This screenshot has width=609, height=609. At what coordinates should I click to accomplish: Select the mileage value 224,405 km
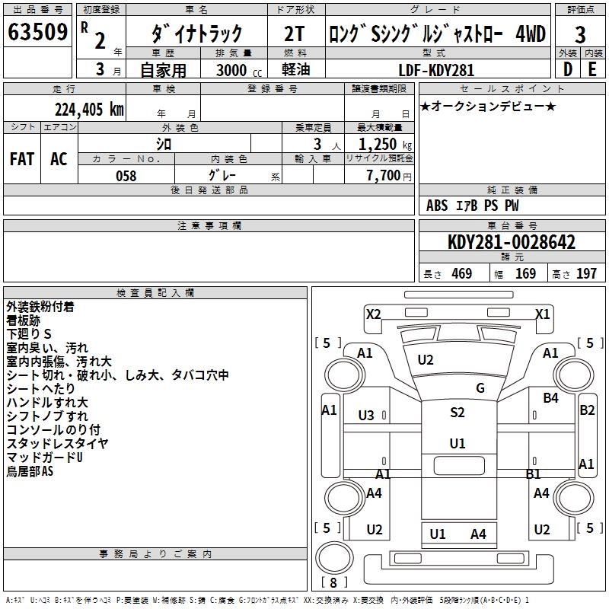[x=88, y=109]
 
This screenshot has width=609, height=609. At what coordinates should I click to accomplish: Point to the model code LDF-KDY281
[x=436, y=70]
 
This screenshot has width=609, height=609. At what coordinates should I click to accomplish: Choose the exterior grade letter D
[x=567, y=69]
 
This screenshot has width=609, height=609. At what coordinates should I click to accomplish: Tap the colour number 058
[x=126, y=176]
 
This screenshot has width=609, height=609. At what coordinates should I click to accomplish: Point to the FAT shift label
[x=21, y=159]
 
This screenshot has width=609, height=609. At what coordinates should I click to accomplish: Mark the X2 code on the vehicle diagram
[x=373, y=314]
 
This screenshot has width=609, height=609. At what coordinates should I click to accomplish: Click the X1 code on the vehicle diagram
[x=543, y=314]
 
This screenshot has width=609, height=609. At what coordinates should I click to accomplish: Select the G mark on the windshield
[x=480, y=388]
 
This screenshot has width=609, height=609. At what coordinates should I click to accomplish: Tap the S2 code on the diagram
[x=457, y=413]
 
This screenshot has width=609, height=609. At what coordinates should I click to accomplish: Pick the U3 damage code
[x=366, y=415]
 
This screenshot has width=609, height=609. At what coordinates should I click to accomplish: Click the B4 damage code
[x=550, y=397]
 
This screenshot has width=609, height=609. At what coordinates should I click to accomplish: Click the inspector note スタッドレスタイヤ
[x=57, y=444]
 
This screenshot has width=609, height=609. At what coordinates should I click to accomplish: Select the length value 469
[x=461, y=274]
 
